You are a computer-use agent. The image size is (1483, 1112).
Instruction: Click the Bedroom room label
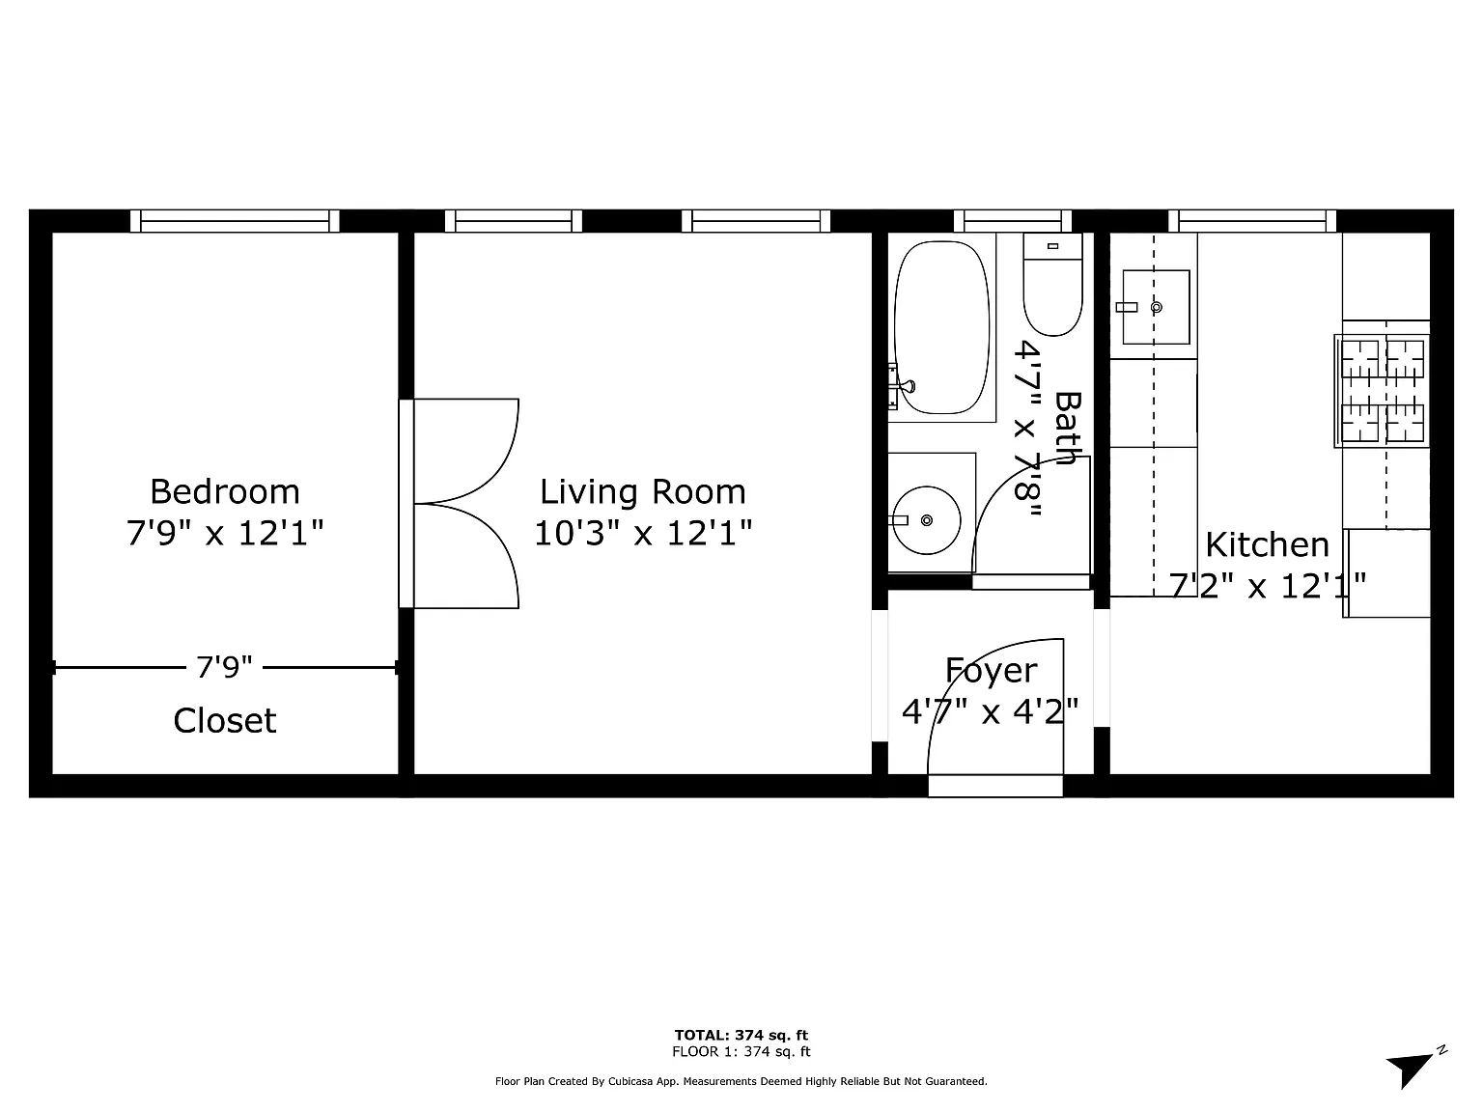pyautogui.click(x=224, y=491)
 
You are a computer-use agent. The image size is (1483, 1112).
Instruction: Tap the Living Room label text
pyautogui.click(x=642, y=492)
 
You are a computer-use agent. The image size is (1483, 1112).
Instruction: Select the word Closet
pyautogui.click(x=224, y=720)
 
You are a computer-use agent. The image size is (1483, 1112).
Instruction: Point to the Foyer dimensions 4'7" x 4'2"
pyautogui.click(x=990, y=711)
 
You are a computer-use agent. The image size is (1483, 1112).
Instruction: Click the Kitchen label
pyautogui.click(x=1267, y=544)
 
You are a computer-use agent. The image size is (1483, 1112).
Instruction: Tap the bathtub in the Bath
pyautogui.click(x=941, y=327)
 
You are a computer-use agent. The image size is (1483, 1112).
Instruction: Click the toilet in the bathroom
pyautogui.click(x=1052, y=284)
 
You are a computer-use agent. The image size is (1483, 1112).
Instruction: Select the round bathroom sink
pyautogui.click(x=926, y=520)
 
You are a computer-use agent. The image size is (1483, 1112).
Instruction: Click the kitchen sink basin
pyautogui.click(x=1156, y=307)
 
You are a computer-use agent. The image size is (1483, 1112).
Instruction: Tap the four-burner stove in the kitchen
pyautogui.click(x=1382, y=391)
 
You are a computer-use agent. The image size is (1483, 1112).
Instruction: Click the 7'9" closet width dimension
pyautogui.click(x=224, y=667)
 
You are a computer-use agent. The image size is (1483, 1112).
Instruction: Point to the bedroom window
pyautogui.click(x=235, y=221)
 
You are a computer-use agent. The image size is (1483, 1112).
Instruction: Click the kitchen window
pyautogui.click(x=1252, y=221)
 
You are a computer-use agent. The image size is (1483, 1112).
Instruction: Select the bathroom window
pyautogui.click(x=1012, y=221)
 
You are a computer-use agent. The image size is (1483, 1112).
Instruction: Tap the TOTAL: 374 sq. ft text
pyautogui.click(x=741, y=1035)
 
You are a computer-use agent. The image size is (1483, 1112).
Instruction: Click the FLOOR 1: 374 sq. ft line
pyautogui.click(x=741, y=1051)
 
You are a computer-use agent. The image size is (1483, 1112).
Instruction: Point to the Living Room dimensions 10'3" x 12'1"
pyautogui.click(x=642, y=534)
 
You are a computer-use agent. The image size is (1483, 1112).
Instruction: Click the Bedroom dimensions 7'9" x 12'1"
pyautogui.click(x=224, y=534)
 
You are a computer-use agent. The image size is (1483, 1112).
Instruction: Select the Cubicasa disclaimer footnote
pyautogui.click(x=741, y=1081)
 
